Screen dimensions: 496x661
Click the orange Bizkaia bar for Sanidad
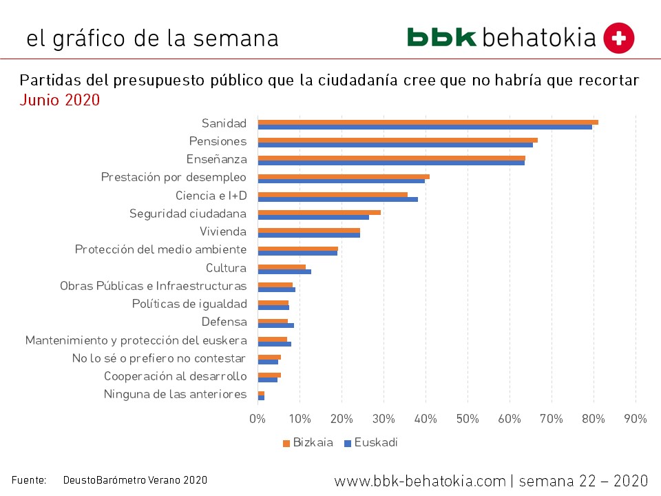click(427, 122)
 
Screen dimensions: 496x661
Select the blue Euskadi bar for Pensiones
click(395, 145)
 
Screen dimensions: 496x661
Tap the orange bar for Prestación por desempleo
click(343, 176)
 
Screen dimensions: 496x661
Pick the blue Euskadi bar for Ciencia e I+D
click(337, 199)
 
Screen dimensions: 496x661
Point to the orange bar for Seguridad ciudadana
click(319, 212)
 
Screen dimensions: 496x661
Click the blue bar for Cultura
click(284, 271)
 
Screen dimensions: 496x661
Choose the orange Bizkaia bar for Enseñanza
click(391, 158)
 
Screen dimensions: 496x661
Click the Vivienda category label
click(222, 231)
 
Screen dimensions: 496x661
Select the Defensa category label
click(224, 322)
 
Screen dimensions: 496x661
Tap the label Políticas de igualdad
click(189, 304)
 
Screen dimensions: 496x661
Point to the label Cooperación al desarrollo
click(175, 376)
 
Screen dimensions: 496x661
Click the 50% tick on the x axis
click(468, 418)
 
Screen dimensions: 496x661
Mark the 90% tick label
click(636, 418)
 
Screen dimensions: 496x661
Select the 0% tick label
click(258, 418)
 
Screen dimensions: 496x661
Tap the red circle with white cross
click(618, 38)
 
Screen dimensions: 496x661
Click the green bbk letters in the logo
click(441, 37)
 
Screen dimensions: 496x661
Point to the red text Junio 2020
click(60, 100)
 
